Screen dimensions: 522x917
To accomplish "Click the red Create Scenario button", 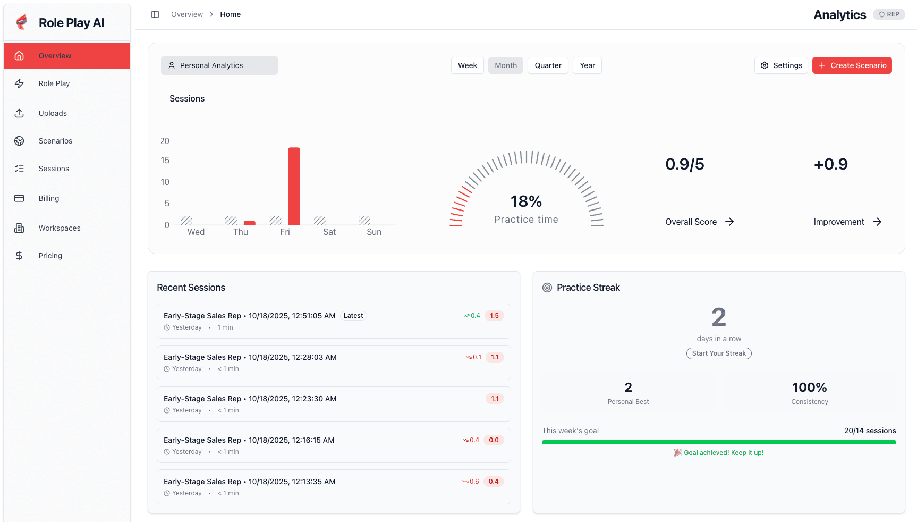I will pyautogui.click(x=852, y=65).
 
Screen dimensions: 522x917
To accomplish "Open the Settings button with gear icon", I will pyautogui.click(x=781, y=65).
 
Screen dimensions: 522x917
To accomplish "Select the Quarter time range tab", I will pyautogui.click(x=548, y=65).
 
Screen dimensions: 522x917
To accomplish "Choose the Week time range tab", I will pyautogui.click(x=467, y=65).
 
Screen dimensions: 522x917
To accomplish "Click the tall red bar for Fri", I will pyautogui.click(x=294, y=186).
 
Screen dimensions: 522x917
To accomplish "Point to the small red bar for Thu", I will pyautogui.click(x=250, y=223).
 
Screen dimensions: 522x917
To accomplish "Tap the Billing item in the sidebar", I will pyautogui.click(x=49, y=198).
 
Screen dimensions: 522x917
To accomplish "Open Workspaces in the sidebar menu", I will pyautogui.click(x=60, y=228).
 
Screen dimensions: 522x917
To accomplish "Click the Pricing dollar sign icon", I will pyautogui.click(x=19, y=256).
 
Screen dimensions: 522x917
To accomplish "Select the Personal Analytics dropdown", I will pyautogui.click(x=219, y=65).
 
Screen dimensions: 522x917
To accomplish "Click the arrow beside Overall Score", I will pyautogui.click(x=729, y=222).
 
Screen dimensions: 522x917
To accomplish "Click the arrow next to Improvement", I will pyautogui.click(x=877, y=222).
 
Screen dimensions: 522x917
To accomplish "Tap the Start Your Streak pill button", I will pyautogui.click(x=719, y=353).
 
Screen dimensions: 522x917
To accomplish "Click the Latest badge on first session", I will pyautogui.click(x=353, y=316).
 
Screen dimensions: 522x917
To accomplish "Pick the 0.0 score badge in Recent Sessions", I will pyautogui.click(x=494, y=440).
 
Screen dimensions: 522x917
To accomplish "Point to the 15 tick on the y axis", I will pyautogui.click(x=165, y=161).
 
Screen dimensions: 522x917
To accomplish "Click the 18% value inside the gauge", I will pyautogui.click(x=526, y=201).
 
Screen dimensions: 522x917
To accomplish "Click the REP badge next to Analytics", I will pyautogui.click(x=889, y=14).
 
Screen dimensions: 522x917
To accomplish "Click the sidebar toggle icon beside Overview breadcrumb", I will pyautogui.click(x=155, y=14).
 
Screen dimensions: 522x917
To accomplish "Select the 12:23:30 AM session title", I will pyautogui.click(x=250, y=399).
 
